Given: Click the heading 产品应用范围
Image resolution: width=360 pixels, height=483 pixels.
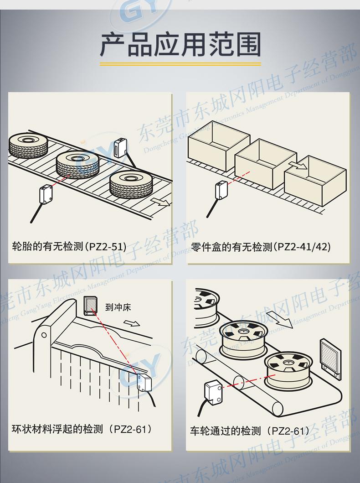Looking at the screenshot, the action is (x=180, y=44).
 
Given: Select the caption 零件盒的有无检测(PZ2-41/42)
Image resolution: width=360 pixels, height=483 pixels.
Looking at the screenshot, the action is (x=261, y=247).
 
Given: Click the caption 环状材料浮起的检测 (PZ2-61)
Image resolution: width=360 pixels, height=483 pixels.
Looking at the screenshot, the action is (x=81, y=429).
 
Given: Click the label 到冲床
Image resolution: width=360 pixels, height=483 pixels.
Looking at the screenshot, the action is (x=118, y=307).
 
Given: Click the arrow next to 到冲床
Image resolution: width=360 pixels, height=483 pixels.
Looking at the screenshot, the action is (x=132, y=323).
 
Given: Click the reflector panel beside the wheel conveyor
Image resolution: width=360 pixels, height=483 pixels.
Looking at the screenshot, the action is (x=330, y=358).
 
